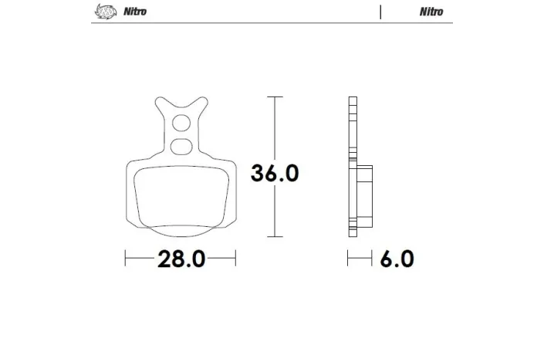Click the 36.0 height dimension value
coord(274,173)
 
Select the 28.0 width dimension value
coord(181,259)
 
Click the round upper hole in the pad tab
coord(181,122)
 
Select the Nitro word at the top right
coord(431,12)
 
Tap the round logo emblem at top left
coord(103,12)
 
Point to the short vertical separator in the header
coord(380,12)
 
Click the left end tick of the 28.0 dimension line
coord(126,259)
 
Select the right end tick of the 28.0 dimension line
coord(235,259)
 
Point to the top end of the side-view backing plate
coord(353,99)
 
